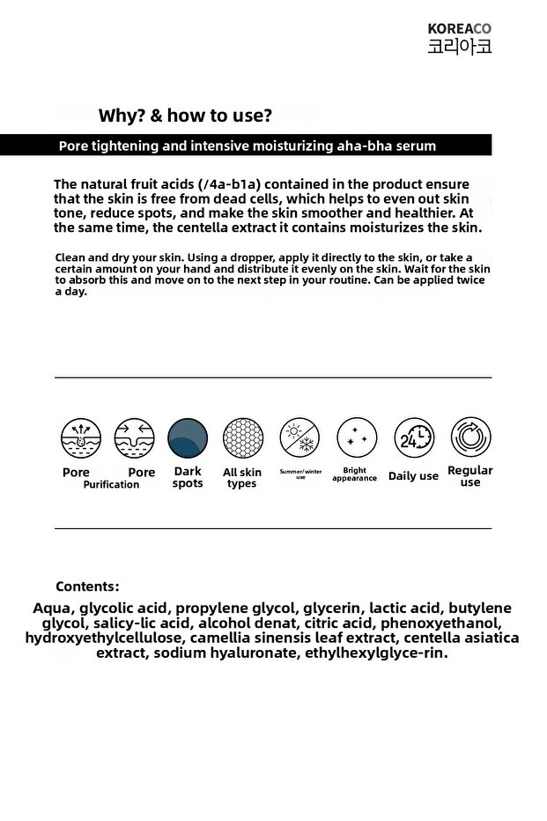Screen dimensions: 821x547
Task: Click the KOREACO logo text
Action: (459, 28)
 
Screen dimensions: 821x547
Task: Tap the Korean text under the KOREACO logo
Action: (459, 46)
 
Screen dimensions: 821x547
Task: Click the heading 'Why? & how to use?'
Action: (185, 116)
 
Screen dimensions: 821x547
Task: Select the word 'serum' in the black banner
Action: (415, 146)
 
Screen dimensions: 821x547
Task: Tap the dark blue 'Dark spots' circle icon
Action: (188, 438)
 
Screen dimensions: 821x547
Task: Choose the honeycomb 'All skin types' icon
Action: (242, 438)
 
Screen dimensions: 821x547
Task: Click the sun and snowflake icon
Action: (300, 438)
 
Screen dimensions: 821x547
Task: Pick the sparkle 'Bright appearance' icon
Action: (357, 438)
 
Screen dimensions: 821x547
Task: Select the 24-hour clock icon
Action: (414, 438)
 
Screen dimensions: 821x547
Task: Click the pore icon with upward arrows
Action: (81, 438)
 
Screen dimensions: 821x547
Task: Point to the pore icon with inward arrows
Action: (134, 438)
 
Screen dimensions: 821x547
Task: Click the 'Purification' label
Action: (111, 484)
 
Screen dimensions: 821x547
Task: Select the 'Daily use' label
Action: (413, 476)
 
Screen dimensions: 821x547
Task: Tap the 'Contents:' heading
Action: (87, 586)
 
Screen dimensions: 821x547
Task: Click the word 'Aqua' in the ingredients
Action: (53, 608)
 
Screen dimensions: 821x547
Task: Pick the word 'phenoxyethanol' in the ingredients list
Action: (440, 623)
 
